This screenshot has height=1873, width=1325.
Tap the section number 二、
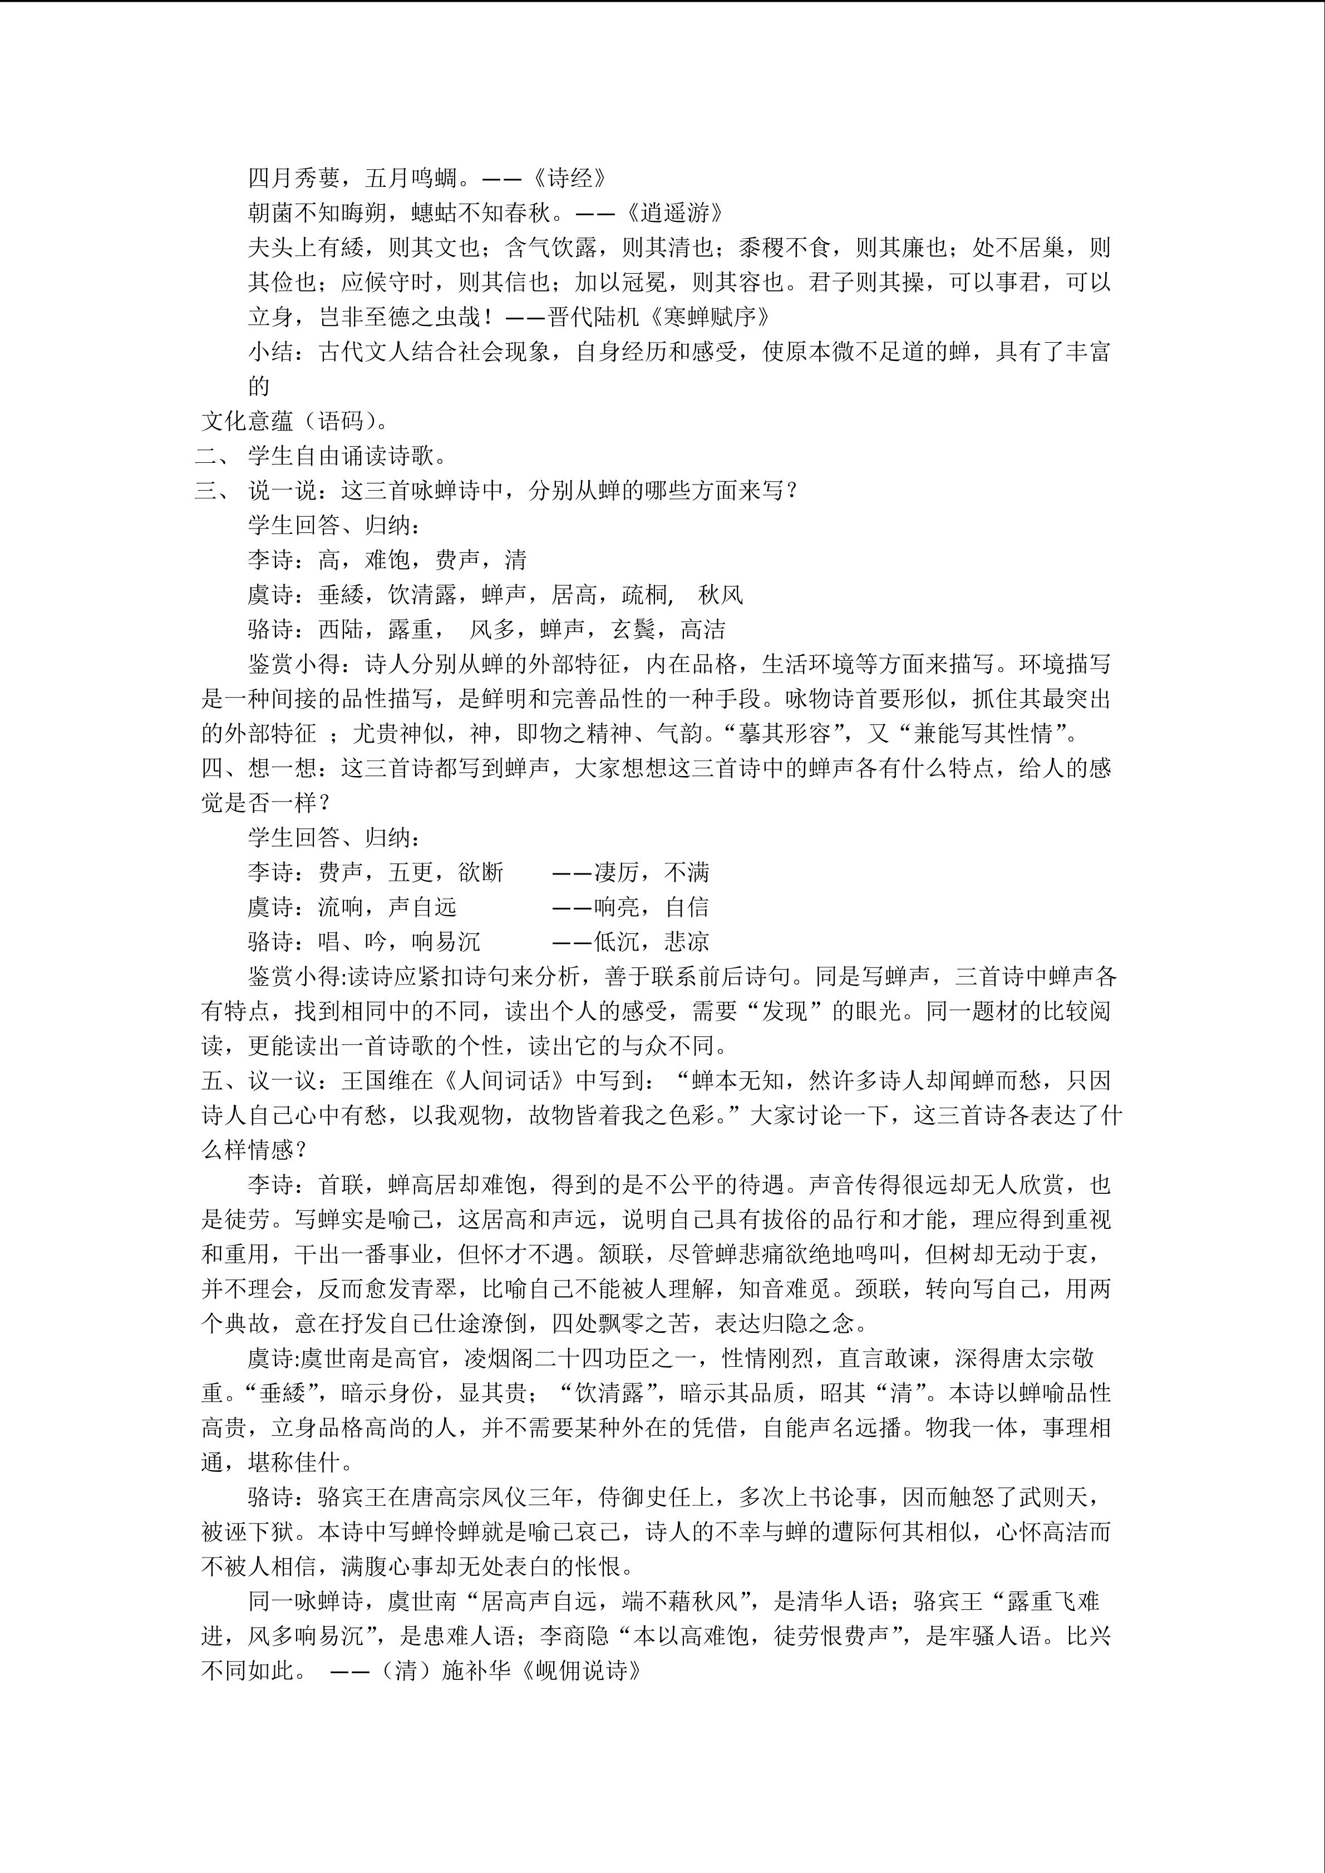tap(211, 456)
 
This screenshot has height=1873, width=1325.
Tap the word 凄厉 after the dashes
tap(617, 873)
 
